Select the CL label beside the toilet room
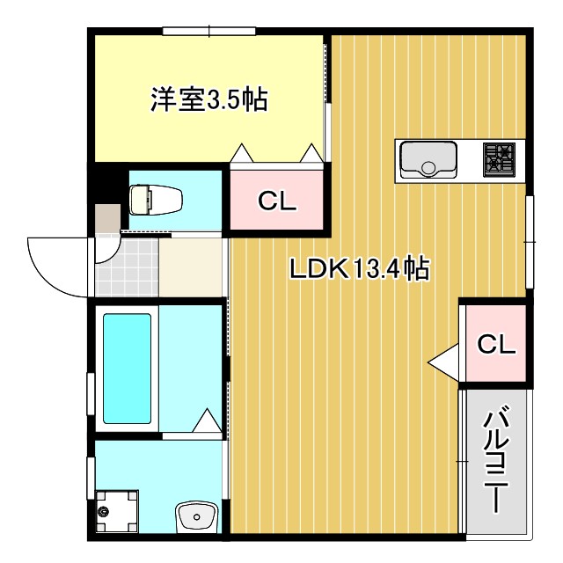pyautogui.click(x=277, y=201)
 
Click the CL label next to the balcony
pyautogui.click(x=496, y=344)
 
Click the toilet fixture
pyautogui.click(x=156, y=199)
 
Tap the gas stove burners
pyautogui.click(x=500, y=159)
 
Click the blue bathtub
pyautogui.click(x=127, y=368)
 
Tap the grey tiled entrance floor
pyautogui.click(x=126, y=267)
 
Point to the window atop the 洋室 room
pyautogui.click(x=208, y=33)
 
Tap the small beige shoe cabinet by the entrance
pyautogui.click(x=107, y=217)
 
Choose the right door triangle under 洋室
pyautogui.click(x=311, y=154)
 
